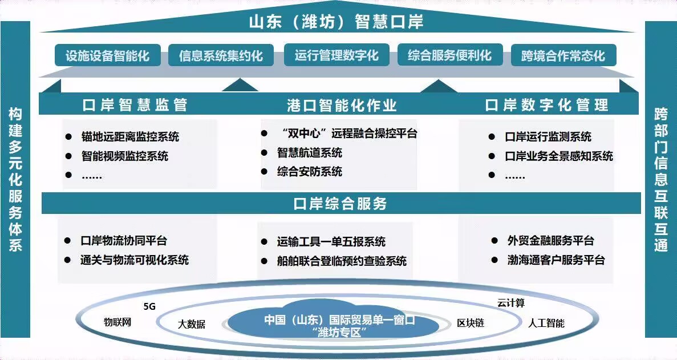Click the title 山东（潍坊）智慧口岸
point(337,21)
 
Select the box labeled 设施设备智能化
point(107,55)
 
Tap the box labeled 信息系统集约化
point(221,55)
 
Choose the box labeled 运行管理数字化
point(337,55)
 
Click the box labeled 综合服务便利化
point(450,55)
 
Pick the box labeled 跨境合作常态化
point(564,55)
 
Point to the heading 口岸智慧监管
point(135,105)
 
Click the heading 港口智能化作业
point(342,105)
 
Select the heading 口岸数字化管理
point(546,105)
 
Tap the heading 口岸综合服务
point(340,203)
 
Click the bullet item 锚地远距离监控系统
point(130,137)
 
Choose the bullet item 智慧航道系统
point(310,152)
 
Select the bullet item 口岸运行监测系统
point(548,137)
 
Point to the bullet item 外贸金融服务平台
point(551,240)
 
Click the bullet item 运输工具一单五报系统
point(331,242)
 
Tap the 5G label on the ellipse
point(149,306)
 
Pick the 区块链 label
point(471,323)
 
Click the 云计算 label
point(511,303)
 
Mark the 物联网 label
point(117,322)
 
